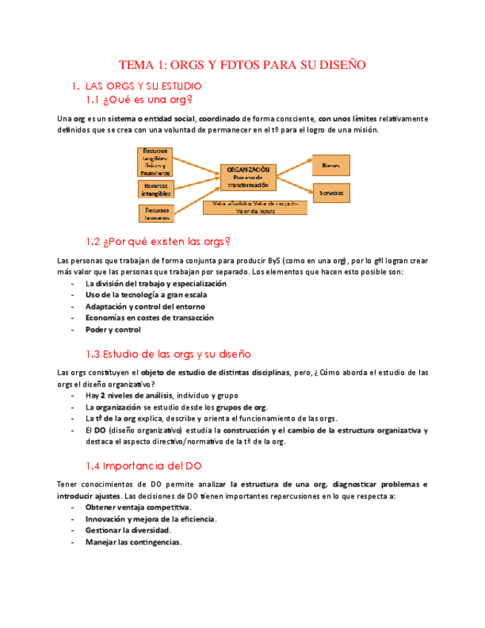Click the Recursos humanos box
(156, 213)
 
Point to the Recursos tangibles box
(156, 161)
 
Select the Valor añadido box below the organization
(255, 207)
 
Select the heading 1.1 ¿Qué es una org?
(139, 99)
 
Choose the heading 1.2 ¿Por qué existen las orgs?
(158, 241)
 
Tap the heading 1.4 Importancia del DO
(144, 466)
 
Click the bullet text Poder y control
(113, 330)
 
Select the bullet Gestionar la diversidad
(128, 530)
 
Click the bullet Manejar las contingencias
(133, 542)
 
